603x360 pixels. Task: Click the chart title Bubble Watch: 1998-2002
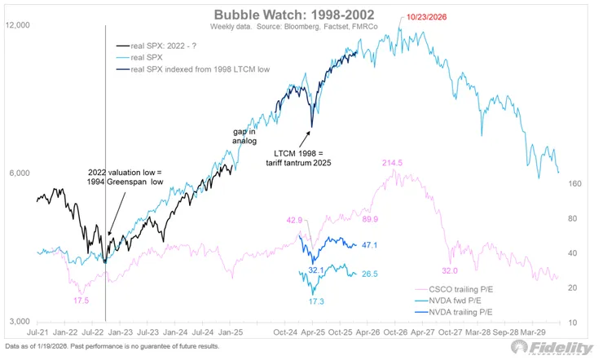pyautogui.click(x=294, y=15)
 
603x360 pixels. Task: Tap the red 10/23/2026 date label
pyautogui.click(x=426, y=17)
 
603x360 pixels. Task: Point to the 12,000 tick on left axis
pyautogui.click(x=17, y=25)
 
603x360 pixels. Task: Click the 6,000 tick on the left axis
pyautogui.click(x=20, y=173)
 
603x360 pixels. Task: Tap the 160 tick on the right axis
pyautogui.click(x=574, y=183)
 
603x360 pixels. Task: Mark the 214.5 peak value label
pyautogui.click(x=392, y=163)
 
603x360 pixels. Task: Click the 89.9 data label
pyautogui.click(x=370, y=219)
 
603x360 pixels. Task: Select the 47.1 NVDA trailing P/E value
pyautogui.click(x=369, y=244)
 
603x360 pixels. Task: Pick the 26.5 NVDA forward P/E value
pyautogui.click(x=370, y=274)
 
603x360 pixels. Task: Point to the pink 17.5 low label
pyautogui.click(x=81, y=300)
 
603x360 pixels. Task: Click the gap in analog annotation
pyautogui.click(x=244, y=136)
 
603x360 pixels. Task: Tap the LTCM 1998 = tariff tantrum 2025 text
pyautogui.click(x=298, y=158)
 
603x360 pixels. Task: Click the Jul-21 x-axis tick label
pyautogui.click(x=37, y=332)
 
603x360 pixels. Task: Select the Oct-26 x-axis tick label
pyautogui.click(x=395, y=332)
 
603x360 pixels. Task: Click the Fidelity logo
pyautogui.click(x=552, y=348)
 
